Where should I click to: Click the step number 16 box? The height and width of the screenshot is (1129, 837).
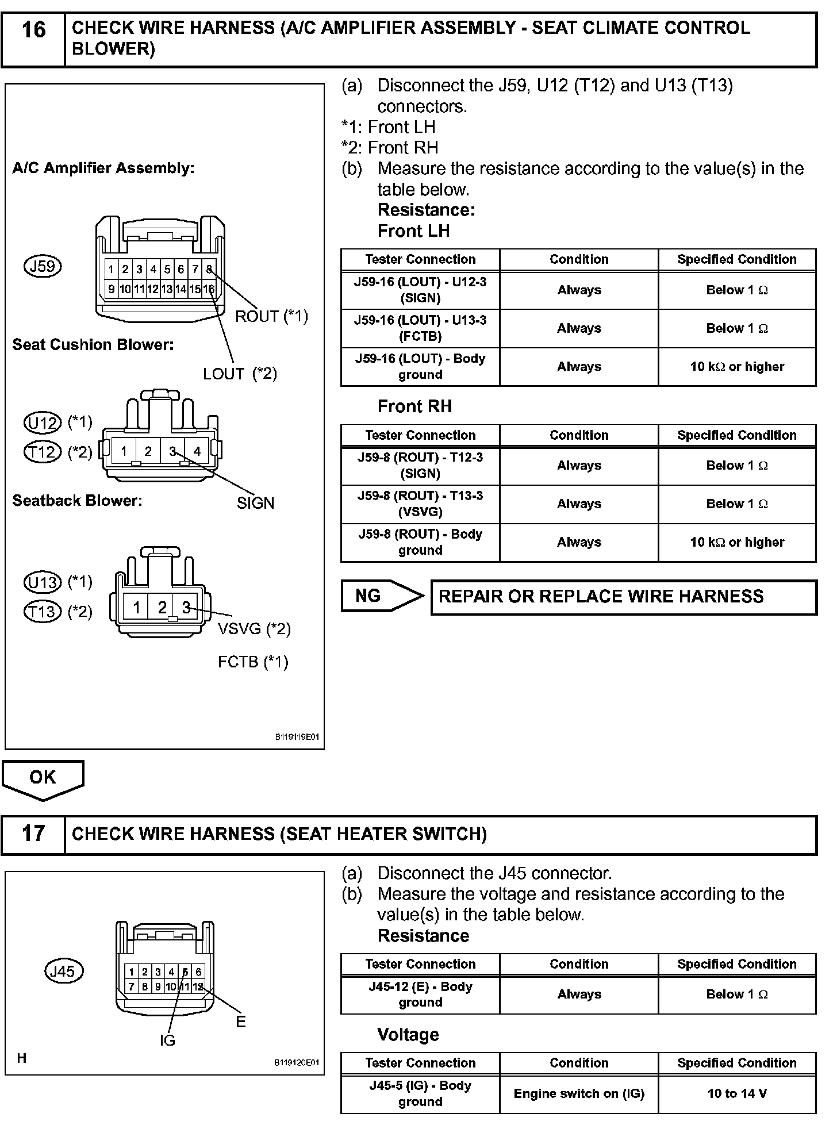pyautogui.click(x=33, y=39)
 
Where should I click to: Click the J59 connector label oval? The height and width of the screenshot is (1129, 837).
pyautogui.click(x=43, y=266)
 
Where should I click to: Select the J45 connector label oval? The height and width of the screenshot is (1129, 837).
pyautogui.click(x=63, y=971)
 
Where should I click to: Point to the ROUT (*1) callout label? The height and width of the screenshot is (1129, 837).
pyautogui.click(x=271, y=316)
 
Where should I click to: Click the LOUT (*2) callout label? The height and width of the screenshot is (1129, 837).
pyautogui.click(x=240, y=374)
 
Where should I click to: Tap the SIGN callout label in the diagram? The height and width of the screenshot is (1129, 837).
pyautogui.click(x=255, y=503)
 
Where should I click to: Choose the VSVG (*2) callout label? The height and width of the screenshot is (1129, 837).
pyautogui.click(x=254, y=629)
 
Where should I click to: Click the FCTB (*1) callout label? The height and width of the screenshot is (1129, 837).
pyautogui.click(x=253, y=662)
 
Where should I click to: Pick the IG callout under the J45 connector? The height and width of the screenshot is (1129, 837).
pyautogui.click(x=167, y=1040)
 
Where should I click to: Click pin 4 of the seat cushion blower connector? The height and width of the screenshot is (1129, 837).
pyautogui.click(x=197, y=451)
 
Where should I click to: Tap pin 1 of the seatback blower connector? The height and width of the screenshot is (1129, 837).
pyautogui.click(x=136, y=607)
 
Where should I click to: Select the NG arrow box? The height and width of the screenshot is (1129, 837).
pyautogui.click(x=381, y=596)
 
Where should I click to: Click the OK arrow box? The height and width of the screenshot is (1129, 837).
pyautogui.click(x=43, y=779)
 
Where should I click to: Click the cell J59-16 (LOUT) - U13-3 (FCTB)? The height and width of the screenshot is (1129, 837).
pyautogui.click(x=420, y=328)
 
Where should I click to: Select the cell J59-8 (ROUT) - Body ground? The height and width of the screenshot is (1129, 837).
pyautogui.click(x=420, y=542)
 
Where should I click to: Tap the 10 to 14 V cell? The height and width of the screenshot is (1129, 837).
pyautogui.click(x=737, y=1093)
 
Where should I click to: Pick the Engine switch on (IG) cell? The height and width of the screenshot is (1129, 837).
pyautogui.click(x=579, y=1093)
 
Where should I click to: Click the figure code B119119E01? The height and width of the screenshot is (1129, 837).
pyautogui.click(x=296, y=737)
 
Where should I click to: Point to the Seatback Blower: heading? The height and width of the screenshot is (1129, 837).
pyautogui.click(x=77, y=501)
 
